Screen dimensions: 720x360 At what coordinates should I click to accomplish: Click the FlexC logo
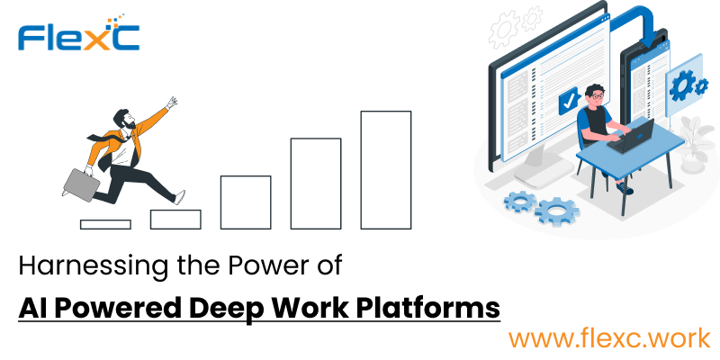tap(78, 33)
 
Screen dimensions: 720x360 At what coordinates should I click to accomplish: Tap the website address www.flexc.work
tap(609, 339)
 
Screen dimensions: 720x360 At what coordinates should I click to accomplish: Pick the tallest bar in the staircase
tap(386, 170)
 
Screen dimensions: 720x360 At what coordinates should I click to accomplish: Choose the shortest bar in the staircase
tap(105, 224)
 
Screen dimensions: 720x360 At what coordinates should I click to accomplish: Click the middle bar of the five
tap(246, 202)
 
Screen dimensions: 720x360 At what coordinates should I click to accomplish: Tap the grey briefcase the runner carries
tap(81, 184)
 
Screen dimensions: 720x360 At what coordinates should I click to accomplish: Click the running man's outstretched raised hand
tap(172, 102)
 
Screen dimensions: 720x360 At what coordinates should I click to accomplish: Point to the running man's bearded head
tap(124, 119)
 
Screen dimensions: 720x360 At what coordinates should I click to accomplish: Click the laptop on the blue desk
tap(632, 136)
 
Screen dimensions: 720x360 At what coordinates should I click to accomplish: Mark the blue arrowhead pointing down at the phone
tap(648, 42)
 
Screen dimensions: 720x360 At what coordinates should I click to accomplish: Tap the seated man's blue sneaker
tap(625, 188)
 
